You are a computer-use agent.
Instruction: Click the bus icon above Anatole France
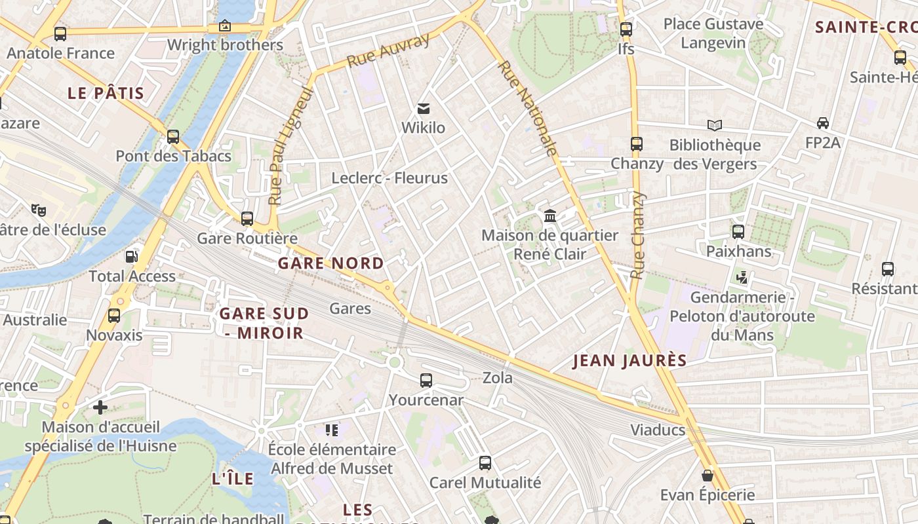(60, 33)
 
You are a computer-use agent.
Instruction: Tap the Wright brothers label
(225, 45)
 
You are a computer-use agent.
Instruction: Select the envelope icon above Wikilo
(424, 108)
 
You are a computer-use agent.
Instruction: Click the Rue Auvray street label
(388, 50)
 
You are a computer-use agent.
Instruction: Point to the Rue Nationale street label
(528, 109)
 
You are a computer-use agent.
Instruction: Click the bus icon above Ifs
(626, 29)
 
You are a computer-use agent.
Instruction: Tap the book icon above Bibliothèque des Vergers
(715, 125)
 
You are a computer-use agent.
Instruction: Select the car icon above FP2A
(822, 123)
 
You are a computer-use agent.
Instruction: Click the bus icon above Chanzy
(637, 144)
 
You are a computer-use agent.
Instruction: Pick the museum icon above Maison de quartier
(550, 215)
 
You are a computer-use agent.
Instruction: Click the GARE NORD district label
(331, 263)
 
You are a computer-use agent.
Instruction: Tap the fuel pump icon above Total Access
(132, 256)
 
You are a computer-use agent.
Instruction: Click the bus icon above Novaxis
(114, 316)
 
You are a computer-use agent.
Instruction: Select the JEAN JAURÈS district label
(629, 360)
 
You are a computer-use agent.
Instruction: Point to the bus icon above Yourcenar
(426, 380)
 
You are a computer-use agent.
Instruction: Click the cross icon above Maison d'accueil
(100, 408)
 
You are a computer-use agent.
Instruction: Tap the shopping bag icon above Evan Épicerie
(708, 475)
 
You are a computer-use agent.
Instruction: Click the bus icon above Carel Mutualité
(485, 463)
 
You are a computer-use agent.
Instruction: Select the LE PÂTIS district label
(106, 93)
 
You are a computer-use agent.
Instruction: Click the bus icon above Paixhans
(738, 231)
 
